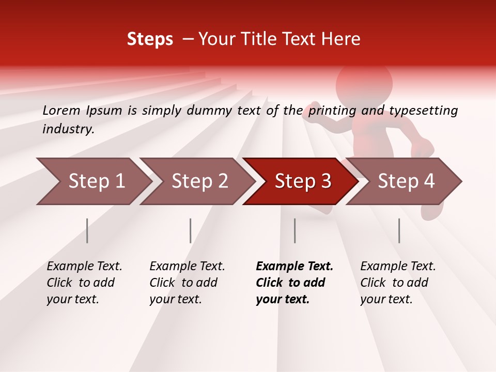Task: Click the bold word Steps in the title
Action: point(150,39)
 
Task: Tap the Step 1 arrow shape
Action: point(96,181)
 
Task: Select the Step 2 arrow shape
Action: point(199,181)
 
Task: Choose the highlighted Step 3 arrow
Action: point(303,181)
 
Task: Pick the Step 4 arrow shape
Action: point(406,181)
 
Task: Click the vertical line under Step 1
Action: point(87,230)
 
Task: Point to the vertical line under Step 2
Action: point(191,230)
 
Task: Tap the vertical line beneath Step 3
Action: point(295,230)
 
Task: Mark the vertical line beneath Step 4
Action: point(399,230)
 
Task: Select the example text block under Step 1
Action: point(84,282)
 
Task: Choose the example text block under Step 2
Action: point(187,282)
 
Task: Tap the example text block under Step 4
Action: point(397,282)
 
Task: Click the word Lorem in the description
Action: point(61,110)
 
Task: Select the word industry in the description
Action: point(68,129)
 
